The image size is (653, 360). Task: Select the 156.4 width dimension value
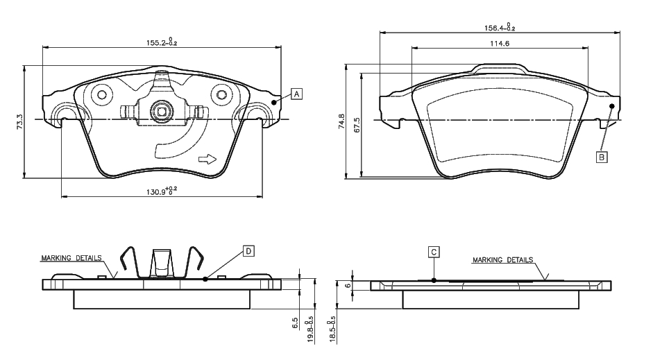tap(500, 28)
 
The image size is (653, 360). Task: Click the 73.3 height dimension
tap(20, 122)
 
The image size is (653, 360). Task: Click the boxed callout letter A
tap(296, 94)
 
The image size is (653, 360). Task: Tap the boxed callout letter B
tap(602, 157)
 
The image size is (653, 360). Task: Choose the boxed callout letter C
tap(433, 252)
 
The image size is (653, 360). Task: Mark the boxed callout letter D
tap(248, 250)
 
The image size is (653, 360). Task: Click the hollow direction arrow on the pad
tap(207, 159)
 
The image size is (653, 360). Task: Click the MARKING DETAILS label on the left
tap(71, 257)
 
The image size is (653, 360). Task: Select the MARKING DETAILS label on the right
tap(502, 260)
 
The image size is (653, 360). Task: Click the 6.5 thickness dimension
tap(296, 323)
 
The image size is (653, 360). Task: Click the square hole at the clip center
tap(161, 111)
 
